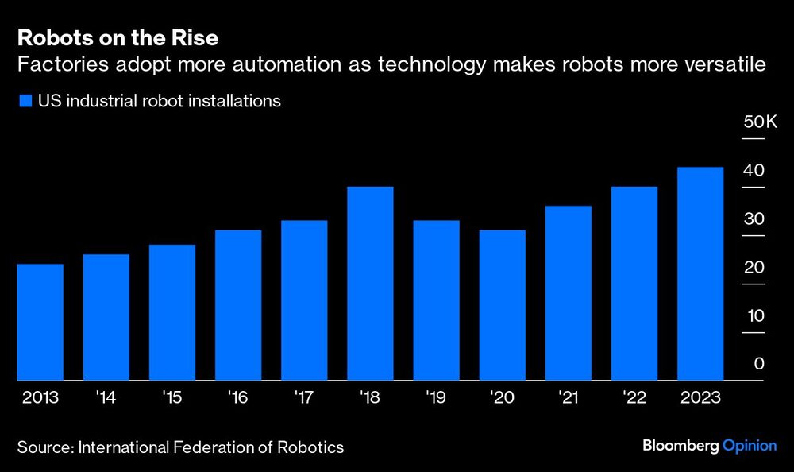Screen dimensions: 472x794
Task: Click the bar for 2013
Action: [x=40, y=322]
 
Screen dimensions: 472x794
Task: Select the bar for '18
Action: [x=370, y=284]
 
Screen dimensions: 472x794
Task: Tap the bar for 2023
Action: [x=700, y=274]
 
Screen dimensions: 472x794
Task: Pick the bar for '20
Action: [x=502, y=305]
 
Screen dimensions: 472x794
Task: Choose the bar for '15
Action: [x=172, y=312]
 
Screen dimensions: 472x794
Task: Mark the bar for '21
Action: [x=568, y=293]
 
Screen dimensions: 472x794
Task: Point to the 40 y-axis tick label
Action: [x=754, y=171]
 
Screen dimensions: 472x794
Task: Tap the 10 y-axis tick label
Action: [x=754, y=315]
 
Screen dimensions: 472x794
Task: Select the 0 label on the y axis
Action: [x=758, y=364]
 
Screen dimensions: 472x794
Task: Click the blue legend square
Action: [x=24, y=101]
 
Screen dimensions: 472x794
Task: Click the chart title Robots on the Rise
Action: [x=117, y=38]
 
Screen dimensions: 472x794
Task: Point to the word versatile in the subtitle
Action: [x=729, y=65]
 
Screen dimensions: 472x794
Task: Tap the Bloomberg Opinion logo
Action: [x=709, y=446]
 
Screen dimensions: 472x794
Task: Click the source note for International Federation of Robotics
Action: [x=180, y=447]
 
